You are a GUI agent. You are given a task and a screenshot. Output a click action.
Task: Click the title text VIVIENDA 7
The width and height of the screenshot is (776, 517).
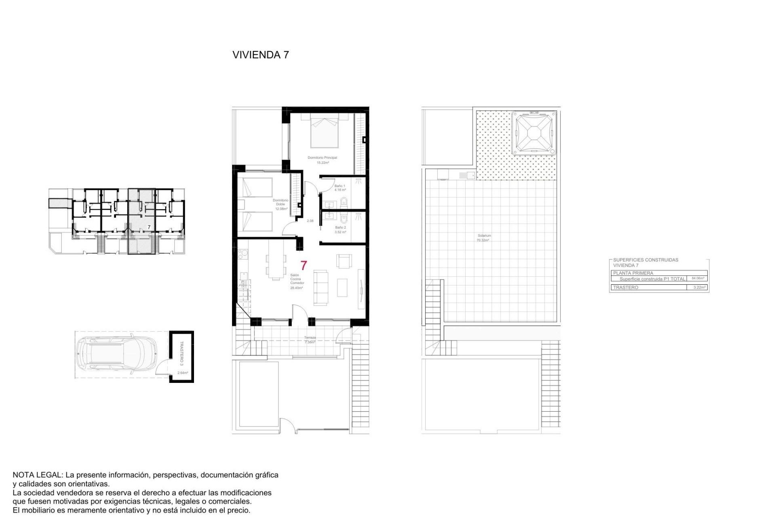[261, 55]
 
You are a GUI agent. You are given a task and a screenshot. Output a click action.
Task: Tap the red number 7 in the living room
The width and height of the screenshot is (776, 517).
[304, 265]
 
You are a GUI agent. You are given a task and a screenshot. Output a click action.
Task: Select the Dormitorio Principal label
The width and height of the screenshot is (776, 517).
[322, 158]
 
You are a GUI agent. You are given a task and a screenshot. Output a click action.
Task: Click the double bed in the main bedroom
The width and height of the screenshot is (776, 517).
[324, 131]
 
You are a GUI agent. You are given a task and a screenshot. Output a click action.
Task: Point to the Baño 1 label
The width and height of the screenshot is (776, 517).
[339, 186]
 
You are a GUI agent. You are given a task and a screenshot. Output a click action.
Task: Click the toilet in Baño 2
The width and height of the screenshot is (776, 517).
[344, 219]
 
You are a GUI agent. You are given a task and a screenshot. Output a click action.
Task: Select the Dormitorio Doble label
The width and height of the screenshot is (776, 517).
[280, 202]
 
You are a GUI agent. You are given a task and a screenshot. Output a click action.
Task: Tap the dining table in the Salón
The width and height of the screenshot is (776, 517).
[275, 266]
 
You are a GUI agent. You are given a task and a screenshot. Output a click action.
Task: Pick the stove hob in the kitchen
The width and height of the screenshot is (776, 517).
[243, 254]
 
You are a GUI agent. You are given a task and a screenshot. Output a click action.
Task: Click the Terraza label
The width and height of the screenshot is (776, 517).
[310, 338]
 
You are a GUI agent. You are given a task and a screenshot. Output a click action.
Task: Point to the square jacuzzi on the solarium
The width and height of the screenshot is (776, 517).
[533, 133]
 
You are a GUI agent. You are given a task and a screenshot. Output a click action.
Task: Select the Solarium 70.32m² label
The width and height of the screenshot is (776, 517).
[484, 237]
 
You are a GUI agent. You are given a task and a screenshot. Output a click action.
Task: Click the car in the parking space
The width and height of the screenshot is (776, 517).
[116, 354]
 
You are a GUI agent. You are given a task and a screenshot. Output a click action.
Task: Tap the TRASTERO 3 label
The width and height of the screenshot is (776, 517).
[181, 353]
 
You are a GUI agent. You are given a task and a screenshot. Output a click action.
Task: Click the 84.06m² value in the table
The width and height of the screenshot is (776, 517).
[698, 278]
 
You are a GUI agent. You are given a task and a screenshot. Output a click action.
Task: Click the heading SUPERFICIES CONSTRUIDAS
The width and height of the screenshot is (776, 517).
[645, 260]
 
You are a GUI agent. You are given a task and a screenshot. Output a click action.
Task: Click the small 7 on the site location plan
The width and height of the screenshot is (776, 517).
[149, 227]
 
